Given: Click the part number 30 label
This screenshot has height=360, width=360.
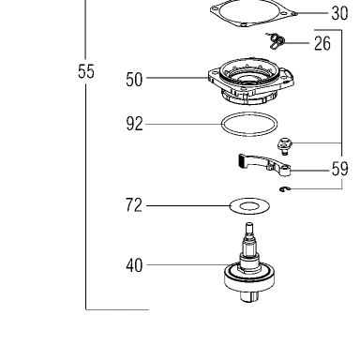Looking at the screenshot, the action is (x=339, y=14).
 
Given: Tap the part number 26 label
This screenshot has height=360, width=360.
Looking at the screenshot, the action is (x=322, y=43).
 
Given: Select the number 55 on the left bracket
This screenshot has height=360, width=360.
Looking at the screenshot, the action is (x=86, y=71).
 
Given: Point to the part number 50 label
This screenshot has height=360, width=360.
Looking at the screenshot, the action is (x=134, y=80).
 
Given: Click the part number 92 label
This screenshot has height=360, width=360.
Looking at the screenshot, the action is (x=134, y=124).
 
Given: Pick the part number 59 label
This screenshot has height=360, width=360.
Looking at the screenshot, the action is (x=339, y=169).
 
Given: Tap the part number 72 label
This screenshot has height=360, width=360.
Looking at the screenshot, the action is (x=134, y=205).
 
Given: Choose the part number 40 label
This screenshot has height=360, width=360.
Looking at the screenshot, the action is (x=134, y=265).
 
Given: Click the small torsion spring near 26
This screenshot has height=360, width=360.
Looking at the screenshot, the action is (x=276, y=40).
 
